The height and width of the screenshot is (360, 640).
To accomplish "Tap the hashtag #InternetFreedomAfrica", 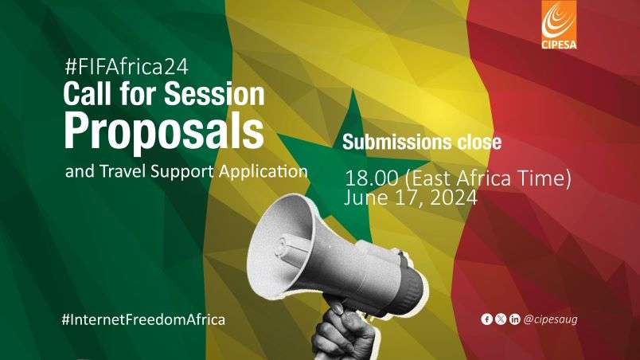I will click(x=143, y=319).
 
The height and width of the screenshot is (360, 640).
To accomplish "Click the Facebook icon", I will click(x=487, y=319).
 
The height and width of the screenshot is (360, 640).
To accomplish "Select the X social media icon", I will click(x=501, y=319).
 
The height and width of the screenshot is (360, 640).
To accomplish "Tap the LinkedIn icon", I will click(x=514, y=319).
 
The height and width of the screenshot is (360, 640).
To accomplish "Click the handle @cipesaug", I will click(x=549, y=319).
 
